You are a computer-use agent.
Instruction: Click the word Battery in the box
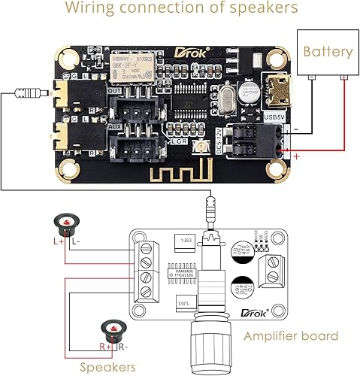tap(327, 52)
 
